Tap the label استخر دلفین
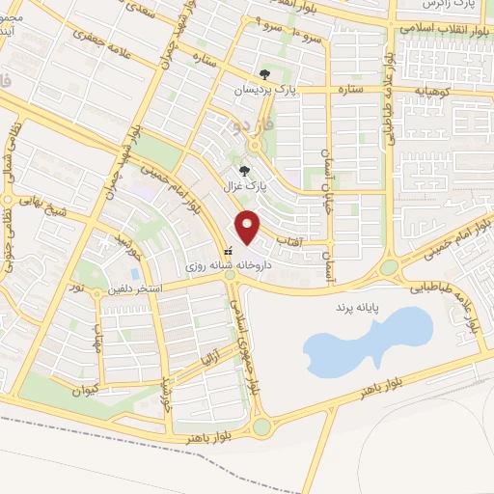click(x=135, y=288)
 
